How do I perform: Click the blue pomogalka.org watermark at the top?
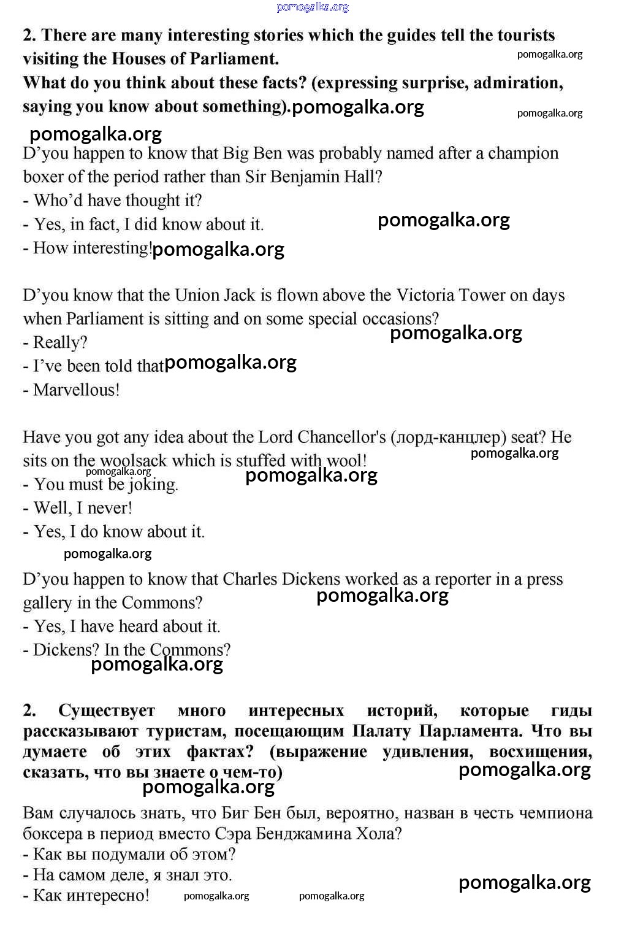coord(313,7)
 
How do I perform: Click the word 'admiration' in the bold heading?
coord(517,83)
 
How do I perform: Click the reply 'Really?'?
coord(60,342)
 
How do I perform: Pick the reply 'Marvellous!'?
coord(77,390)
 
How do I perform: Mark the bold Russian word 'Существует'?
coord(107,710)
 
